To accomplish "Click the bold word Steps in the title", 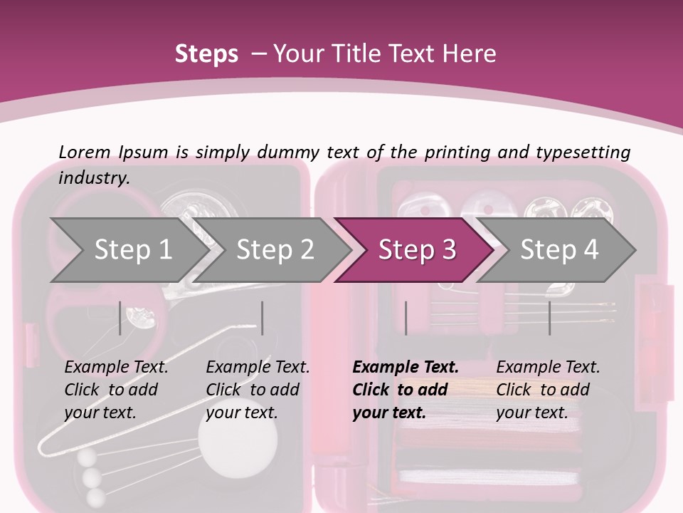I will [206, 53].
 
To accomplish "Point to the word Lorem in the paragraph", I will [85, 152].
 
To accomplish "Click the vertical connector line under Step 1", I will [120, 318].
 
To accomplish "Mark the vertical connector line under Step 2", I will [263, 318].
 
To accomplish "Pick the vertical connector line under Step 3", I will [406, 318].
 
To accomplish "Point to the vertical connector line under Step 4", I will [549, 318].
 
